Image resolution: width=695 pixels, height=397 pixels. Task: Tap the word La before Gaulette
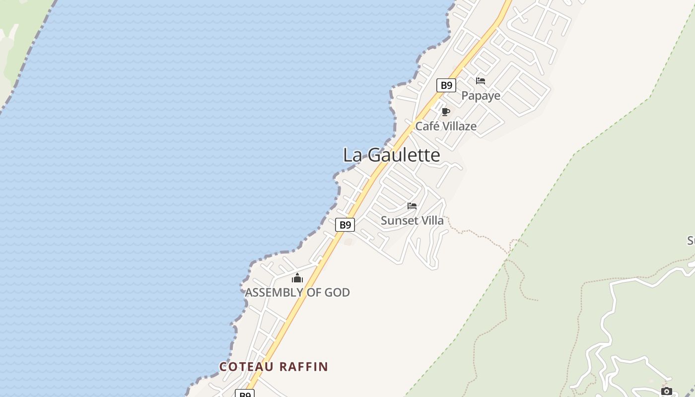pyautogui.click(x=352, y=155)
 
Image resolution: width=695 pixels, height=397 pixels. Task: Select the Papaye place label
pyautogui.click(x=481, y=95)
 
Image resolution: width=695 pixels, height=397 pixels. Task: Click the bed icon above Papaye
pyautogui.click(x=481, y=81)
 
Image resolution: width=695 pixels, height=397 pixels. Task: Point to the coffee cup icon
pyautogui.click(x=445, y=112)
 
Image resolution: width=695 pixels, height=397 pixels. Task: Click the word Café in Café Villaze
pyautogui.click(x=427, y=126)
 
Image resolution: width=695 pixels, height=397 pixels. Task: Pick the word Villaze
pyautogui.click(x=459, y=126)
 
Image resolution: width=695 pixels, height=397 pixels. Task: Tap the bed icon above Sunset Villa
pyautogui.click(x=412, y=206)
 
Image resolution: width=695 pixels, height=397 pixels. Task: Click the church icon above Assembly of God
pyautogui.click(x=297, y=278)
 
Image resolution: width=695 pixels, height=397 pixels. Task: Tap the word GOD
pyautogui.click(x=337, y=292)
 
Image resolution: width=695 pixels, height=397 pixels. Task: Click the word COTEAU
pyautogui.click(x=247, y=367)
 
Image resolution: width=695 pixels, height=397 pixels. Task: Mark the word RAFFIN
pyautogui.click(x=303, y=367)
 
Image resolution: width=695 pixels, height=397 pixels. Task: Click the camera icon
pyautogui.click(x=667, y=392)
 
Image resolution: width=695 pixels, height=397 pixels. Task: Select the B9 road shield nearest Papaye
pyautogui.click(x=446, y=85)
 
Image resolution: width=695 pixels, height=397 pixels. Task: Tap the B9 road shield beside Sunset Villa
pyautogui.click(x=345, y=225)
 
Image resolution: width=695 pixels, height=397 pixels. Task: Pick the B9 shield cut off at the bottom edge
pyautogui.click(x=245, y=394)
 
